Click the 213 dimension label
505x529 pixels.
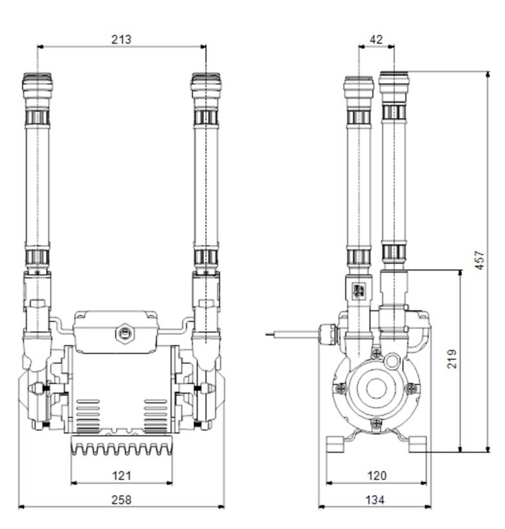point(121,39)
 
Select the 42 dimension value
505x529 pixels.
point(376,39)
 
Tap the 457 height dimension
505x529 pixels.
point(481,261)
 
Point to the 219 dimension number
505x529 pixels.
point(451,359)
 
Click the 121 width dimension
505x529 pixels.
point(121,476)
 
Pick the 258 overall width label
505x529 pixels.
point(121,499)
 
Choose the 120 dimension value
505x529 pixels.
point(376,476)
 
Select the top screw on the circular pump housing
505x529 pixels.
point(376,352)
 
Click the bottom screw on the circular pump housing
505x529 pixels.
point(376,424)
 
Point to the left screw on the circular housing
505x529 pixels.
point(342,388)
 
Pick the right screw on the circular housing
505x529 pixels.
point(411,388)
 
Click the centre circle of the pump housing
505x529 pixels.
point(376,388)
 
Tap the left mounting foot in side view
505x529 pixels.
point(335,444)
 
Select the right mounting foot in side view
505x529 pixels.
point(417,444)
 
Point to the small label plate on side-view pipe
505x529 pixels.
point(357,290)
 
